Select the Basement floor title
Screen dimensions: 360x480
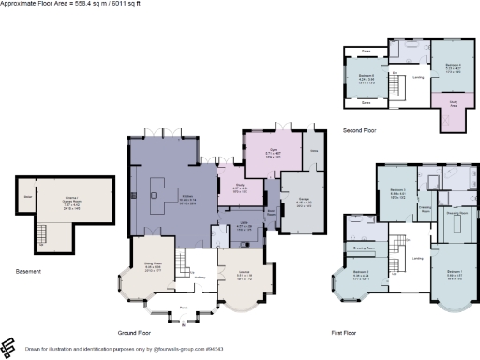tap(29, 272)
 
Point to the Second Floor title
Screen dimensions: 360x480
tap(359, 132)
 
